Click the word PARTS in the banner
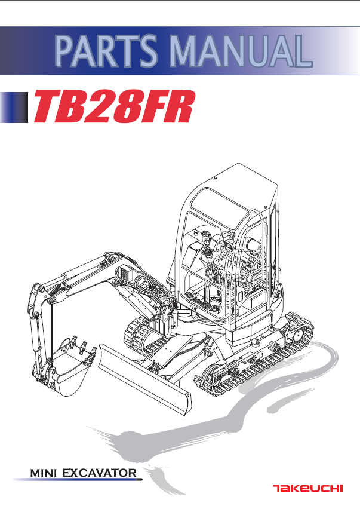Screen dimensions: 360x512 (106, 51)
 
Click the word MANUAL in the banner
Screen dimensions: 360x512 (241, 51)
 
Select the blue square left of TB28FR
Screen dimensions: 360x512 (14, 108)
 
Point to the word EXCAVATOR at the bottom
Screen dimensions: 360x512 (100, 473)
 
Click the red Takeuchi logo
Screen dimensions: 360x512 (308, 489)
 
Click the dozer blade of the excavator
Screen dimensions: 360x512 (144, 379)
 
